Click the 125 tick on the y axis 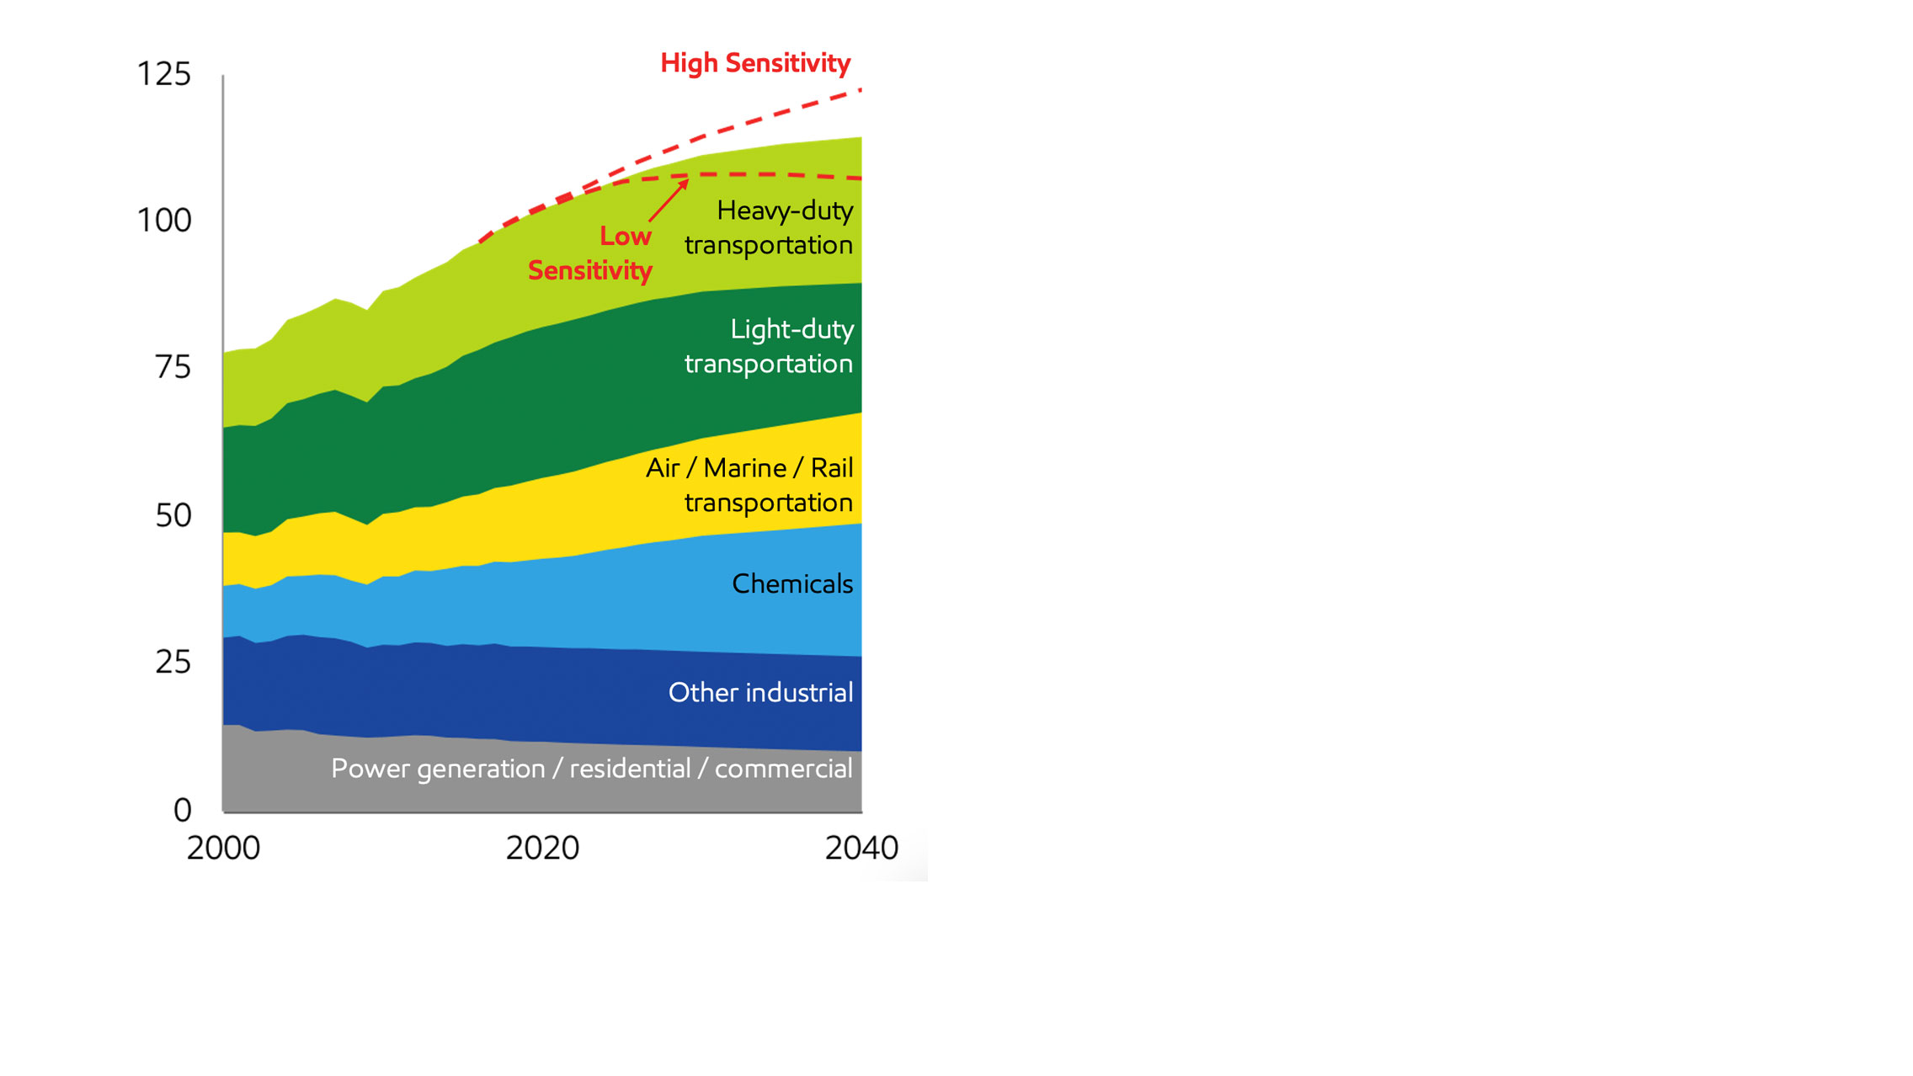(x=163, y=74)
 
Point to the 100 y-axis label (x=163, y=221)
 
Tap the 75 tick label (x=173, y=368)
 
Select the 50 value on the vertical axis (x=173, y=515)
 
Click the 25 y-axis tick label (x=173, y=663)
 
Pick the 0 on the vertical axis (x=182, y=810)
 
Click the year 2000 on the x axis (x=223, y=848)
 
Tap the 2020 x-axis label (x=542, y=848)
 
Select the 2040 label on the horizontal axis (x=861, y=848)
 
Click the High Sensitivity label (x=755, y=63)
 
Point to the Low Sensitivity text (x=590, y=253)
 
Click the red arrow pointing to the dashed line (x=669, y=200)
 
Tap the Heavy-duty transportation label (x=769, y=227)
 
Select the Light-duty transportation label (x=769, y=346)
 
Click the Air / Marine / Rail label (x=749, y=468)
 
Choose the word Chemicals (x=792, y=583)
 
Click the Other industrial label (x=760, y=692)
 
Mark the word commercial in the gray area (x=783, y=769)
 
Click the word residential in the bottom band (x=630, y=769)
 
